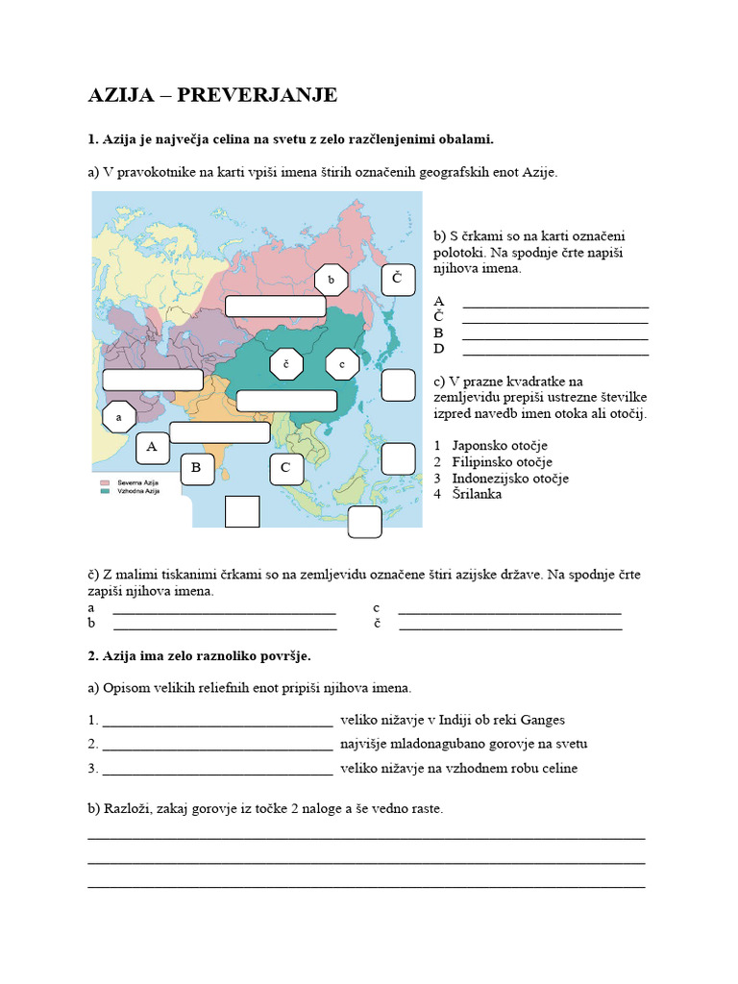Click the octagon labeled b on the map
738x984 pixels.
coord(330,280)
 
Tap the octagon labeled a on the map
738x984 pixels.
coord(118,418)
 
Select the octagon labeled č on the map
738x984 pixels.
coord(286,364)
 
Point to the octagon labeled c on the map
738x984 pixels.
coord(342,364)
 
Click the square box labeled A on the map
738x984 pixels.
coord(152,447)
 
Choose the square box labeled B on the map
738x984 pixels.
coord(196,468)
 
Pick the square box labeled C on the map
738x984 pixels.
coord(285,469)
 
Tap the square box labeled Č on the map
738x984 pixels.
coord(397,280)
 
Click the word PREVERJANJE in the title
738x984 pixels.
coord(269,94)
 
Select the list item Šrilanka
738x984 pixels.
coord(477,494)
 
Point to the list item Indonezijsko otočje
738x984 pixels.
coord(510,478)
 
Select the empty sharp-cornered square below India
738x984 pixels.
coord(242,511)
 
